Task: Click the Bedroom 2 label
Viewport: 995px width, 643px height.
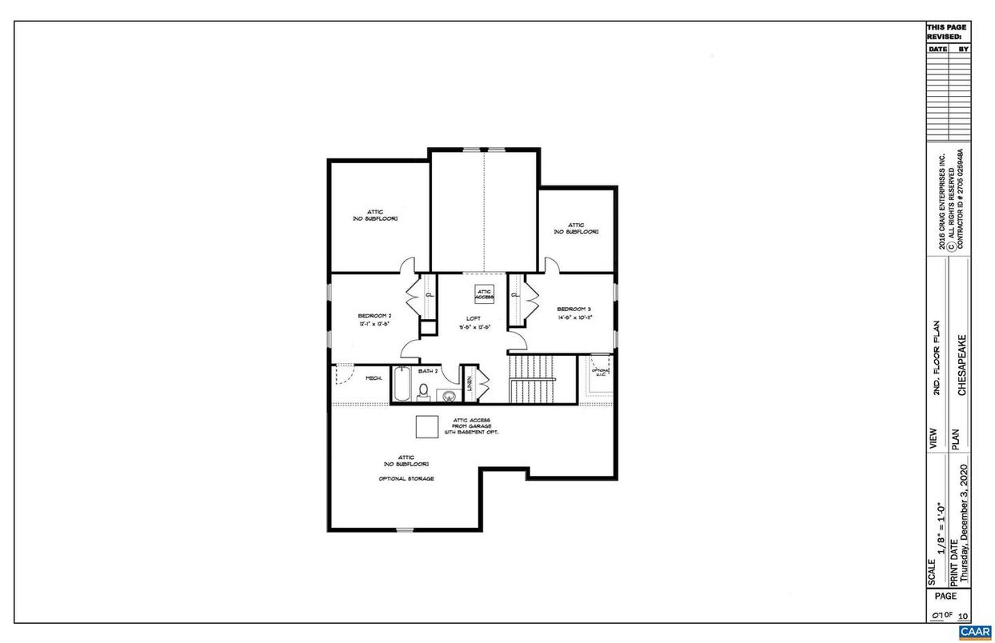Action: click(374, 316)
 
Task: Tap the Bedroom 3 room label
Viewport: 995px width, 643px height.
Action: click(573, 309)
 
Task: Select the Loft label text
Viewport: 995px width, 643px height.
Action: click(474, 318)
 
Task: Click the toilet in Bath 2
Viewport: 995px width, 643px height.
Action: click(424, 391)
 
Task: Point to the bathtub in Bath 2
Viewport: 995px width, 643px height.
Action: click(402, 384)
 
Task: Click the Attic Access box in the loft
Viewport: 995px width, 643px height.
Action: click(485, 294)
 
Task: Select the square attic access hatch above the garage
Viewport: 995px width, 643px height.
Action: click(426, 425)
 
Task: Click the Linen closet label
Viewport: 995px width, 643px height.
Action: click(470, 383)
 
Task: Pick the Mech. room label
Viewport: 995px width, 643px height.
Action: click(374, 377)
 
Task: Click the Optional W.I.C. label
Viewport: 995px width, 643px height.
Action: click(601, 373)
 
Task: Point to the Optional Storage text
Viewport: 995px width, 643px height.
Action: click(406, 478)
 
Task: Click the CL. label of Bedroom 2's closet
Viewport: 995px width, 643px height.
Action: click(430, 295)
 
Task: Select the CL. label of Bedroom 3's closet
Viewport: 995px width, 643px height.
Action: click(515, 294)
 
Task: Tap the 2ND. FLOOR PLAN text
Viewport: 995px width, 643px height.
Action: click(935, 357)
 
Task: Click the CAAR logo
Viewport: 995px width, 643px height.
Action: click(975, 632)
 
